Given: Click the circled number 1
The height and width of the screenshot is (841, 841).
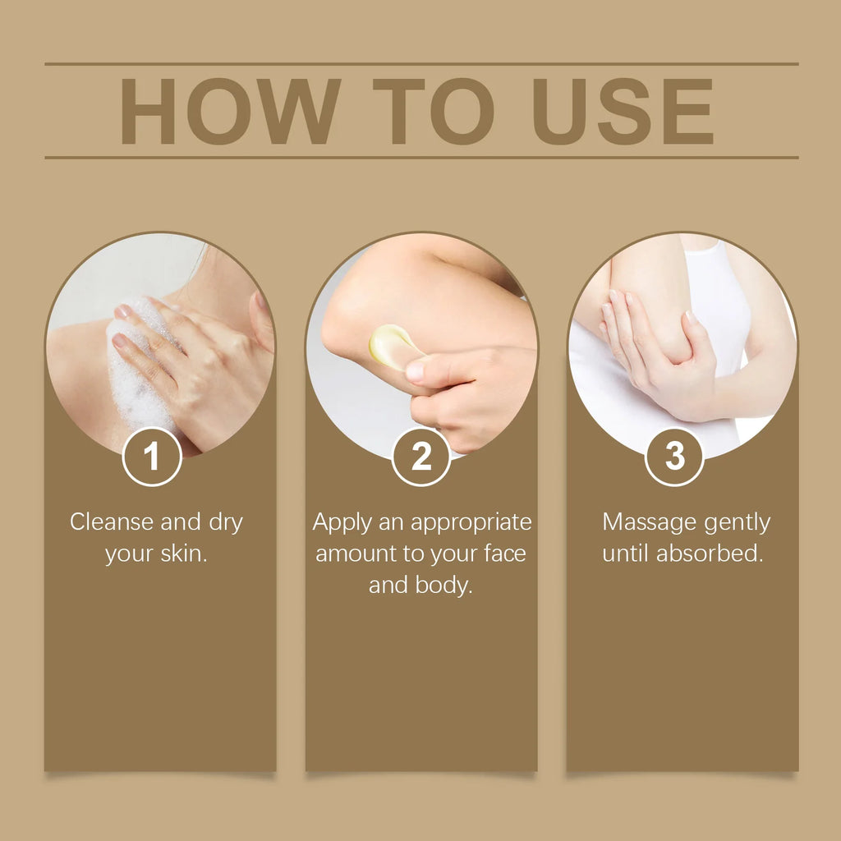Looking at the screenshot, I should coord(152,457).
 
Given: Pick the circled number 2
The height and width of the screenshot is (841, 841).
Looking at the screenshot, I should coord(420,457).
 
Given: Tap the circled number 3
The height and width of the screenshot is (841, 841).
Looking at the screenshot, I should coord(674,457).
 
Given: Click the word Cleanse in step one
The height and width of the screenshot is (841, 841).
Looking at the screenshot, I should coord(112,522).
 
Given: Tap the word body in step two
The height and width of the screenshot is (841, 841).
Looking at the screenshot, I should coord(448,586).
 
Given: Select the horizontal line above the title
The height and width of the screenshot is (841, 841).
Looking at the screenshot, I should coord(420,64).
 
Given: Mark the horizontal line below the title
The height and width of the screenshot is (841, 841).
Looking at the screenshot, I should coord(420,157).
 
